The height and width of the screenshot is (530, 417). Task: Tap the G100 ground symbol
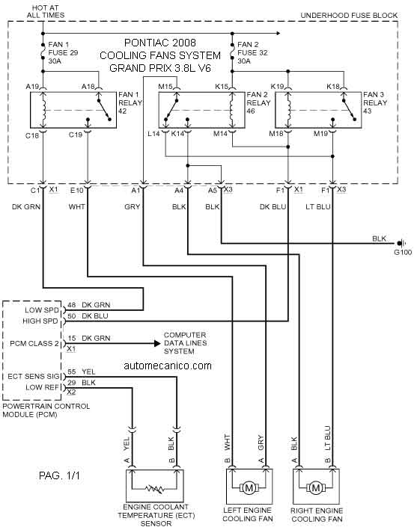coord(402,243)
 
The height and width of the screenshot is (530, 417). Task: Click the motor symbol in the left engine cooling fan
coord(249,487)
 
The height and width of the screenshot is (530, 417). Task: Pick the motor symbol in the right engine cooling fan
coord(315,487)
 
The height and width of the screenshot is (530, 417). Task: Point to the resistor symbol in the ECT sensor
coord(155,488)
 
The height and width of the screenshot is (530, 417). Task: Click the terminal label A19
coord(32,87)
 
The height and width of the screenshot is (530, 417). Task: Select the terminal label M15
coord(165,87)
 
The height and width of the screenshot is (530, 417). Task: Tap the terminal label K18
coord(333,87)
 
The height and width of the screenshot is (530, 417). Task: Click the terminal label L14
coord(153,134)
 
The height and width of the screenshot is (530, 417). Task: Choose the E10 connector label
coord(77,191)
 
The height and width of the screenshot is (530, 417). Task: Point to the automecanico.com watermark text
coord(168,366)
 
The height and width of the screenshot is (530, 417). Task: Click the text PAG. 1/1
coord(60,476)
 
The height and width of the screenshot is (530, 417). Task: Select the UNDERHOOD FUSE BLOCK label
coord(349,15)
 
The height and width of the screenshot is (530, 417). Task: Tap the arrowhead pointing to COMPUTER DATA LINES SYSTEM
coord(157,343)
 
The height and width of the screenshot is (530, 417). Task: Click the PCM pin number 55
coord(72,372)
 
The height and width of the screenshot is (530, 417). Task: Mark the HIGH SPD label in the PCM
coord(40,321)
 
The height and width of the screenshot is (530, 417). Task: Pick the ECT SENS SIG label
coord(33,376)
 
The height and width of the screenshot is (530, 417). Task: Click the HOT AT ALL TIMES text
coord(46,11)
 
